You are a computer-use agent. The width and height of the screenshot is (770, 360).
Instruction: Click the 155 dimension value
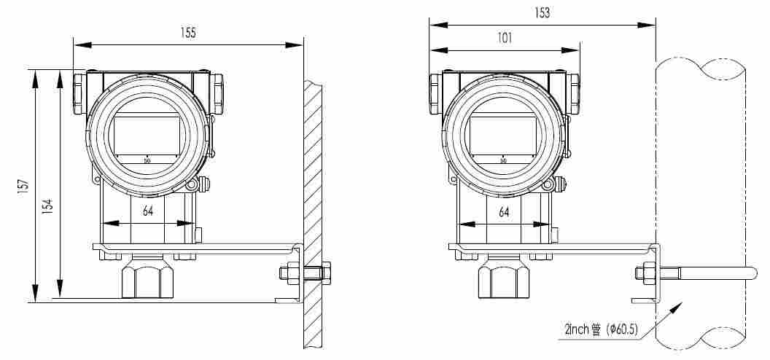[x=188, y=33]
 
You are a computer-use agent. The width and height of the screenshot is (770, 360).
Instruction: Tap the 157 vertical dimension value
[x=23, y=187]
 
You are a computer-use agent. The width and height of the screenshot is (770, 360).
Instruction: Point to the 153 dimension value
[x=542, y=12]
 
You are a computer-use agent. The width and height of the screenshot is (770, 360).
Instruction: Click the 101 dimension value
[x=505, y=38]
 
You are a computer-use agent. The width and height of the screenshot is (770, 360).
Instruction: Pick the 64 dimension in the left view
[x=148, y=211]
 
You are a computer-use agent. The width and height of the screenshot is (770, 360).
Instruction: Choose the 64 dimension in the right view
[x=504, y=212]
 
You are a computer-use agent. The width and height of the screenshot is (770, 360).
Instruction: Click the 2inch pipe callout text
[x=601, y=330]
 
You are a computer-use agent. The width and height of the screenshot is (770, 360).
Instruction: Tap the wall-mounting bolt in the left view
[x=305, y=273]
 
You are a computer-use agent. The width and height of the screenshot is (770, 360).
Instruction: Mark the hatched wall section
[x=313, y=214]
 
